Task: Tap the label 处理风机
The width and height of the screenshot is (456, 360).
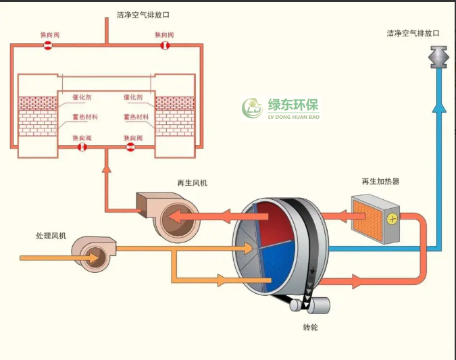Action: pos(51,236)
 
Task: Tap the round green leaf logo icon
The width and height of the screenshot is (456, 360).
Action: pos(253,107)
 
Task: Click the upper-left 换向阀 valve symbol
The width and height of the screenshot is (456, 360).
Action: pos(48,46)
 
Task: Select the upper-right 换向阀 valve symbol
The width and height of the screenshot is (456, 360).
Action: pos(164,46)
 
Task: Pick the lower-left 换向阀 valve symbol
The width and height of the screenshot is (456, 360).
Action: pos(82,147)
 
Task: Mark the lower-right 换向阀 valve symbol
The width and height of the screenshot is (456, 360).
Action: pos(130,147)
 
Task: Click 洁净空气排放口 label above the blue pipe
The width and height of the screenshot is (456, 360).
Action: pos(413,32)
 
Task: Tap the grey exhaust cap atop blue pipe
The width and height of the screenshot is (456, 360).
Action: pos(440,57)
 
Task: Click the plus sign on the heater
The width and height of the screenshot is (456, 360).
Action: pos(391,218)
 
